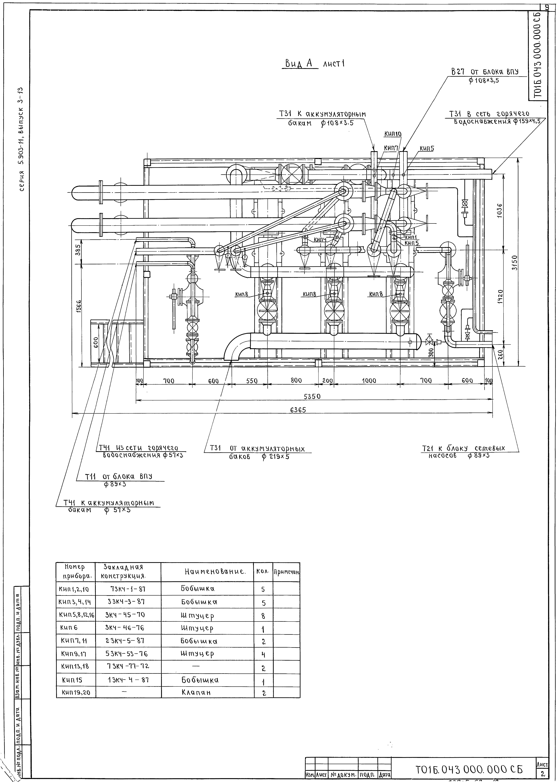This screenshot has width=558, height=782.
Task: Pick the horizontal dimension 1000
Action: [x=369, y=381]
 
